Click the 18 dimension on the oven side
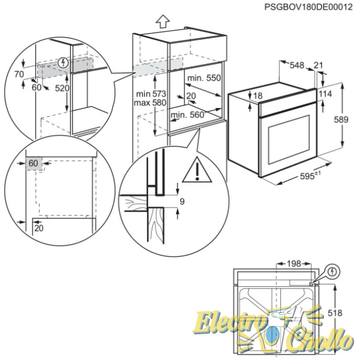(x=258, y=96)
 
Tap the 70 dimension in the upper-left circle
(x=19, y=74)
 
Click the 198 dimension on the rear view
(x=294, y=263)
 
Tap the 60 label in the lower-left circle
(x=32, y=163)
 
